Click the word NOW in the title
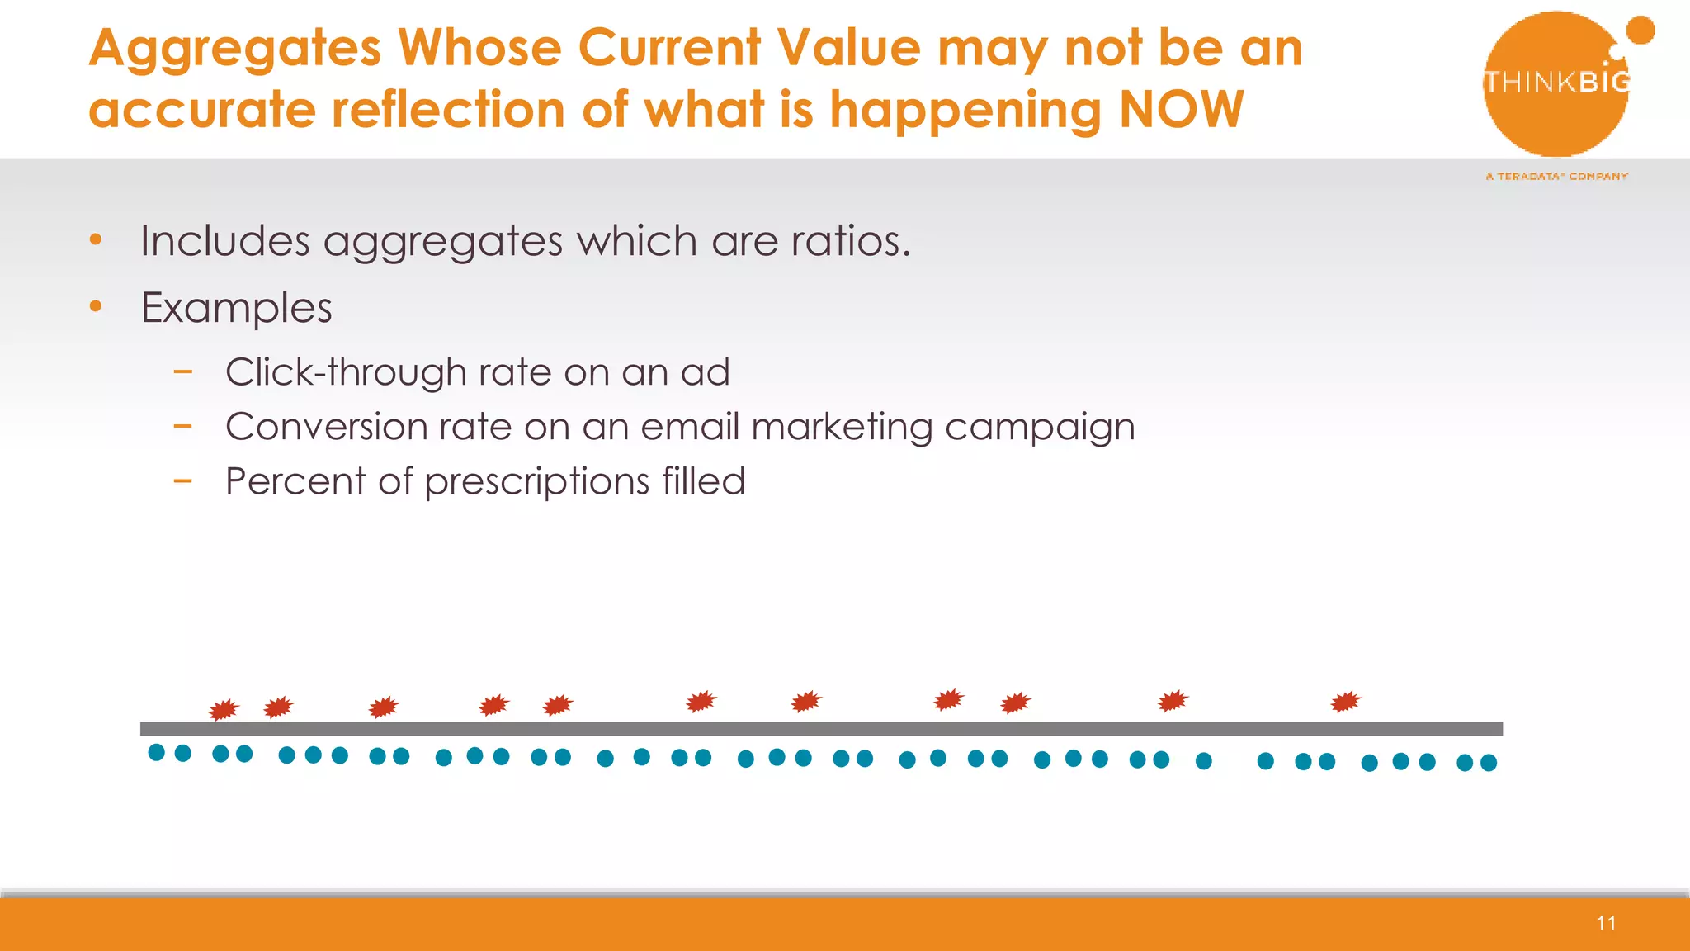[x=1181, y=109]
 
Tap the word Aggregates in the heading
[x=234, y=48]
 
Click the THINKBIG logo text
[x=1556, y=83]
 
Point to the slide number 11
[x=1606, y=923]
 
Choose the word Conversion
[x=325, y=427]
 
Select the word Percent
[x=295, y=481]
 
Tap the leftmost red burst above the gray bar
[x=223, y=709]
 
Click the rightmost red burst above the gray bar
[x=1345, y=702]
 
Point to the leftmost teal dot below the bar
[x=156, y=752]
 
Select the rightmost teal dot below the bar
[x=1489, y=763]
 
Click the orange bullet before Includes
[x=96, y=240]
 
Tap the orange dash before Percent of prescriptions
[x=182, y=480]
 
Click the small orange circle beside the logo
[x=1640, y=31]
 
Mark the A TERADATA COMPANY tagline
[x=1556, y=177]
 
